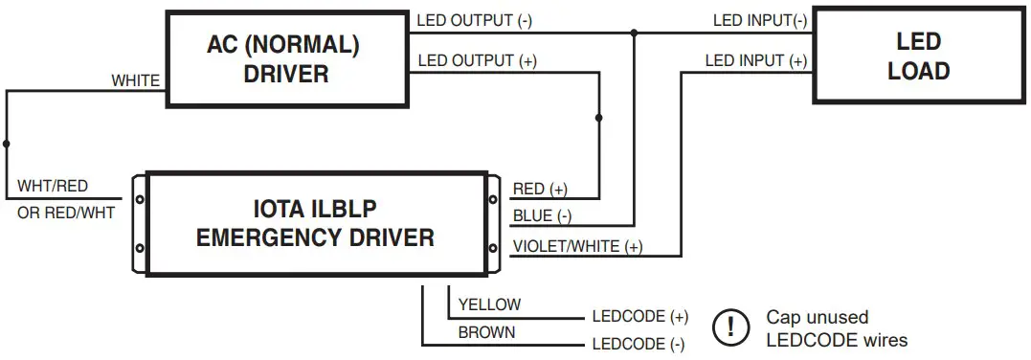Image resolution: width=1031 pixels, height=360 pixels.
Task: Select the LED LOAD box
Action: tap(918, 56)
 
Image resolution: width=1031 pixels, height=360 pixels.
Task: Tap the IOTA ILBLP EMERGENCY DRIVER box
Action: tap(315, 222)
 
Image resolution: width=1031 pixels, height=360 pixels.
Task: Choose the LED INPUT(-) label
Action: tap(760, 19)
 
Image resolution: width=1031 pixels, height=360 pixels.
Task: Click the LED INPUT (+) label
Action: tap(756, 61)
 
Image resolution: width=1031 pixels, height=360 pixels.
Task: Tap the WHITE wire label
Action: tap(136, 80)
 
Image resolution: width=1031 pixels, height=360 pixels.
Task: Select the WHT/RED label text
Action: tap(53, 186)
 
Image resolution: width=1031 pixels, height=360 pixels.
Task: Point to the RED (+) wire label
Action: tap(540, 189)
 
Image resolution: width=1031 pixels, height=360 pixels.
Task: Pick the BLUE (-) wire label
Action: tap(543, 216)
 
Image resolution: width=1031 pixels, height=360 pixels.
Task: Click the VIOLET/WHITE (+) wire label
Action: tap(577, 246)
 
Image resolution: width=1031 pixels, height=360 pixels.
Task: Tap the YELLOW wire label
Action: tap(489, 304)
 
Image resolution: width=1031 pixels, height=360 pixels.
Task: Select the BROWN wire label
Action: tap(486, 332)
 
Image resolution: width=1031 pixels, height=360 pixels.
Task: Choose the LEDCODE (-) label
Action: tap(639, 345)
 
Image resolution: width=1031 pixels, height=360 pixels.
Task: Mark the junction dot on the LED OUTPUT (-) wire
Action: tap(633, 33)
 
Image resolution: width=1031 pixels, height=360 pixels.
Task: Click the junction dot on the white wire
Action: tap(7, 144)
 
